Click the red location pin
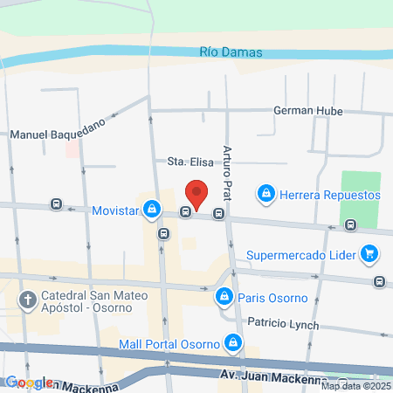[197, 193]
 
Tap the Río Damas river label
[231, 52]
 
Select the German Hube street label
[307, 111]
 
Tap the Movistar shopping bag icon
[152, 210]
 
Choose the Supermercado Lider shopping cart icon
[370, 255]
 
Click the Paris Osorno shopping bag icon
[224, 298]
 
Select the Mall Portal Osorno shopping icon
[232, 342]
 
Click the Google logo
[29, 383]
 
